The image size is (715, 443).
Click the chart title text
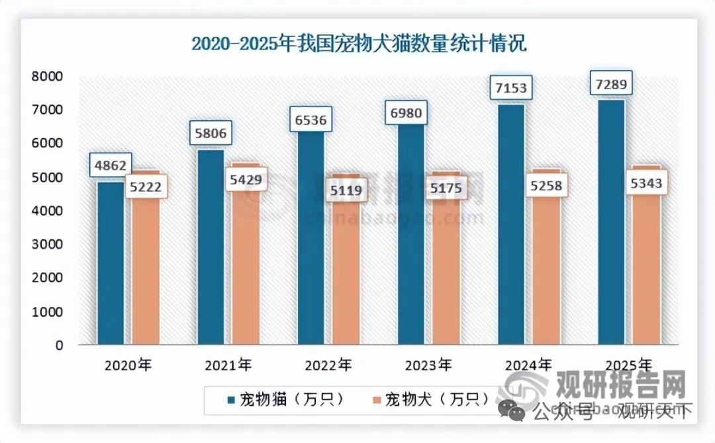click(x=358, y=44)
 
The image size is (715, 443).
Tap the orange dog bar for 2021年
click(x=246, y=264)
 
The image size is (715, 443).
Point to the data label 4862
click(x=111, y=165)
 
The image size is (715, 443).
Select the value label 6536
click(x=311, y=121)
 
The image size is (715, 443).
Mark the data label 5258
click(x=547, y=186)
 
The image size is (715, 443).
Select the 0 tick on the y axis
click(x=60, y=345)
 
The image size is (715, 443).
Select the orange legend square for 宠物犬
click(x=377, y=400)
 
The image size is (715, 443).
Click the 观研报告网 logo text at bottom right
click(x=620, y=384)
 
